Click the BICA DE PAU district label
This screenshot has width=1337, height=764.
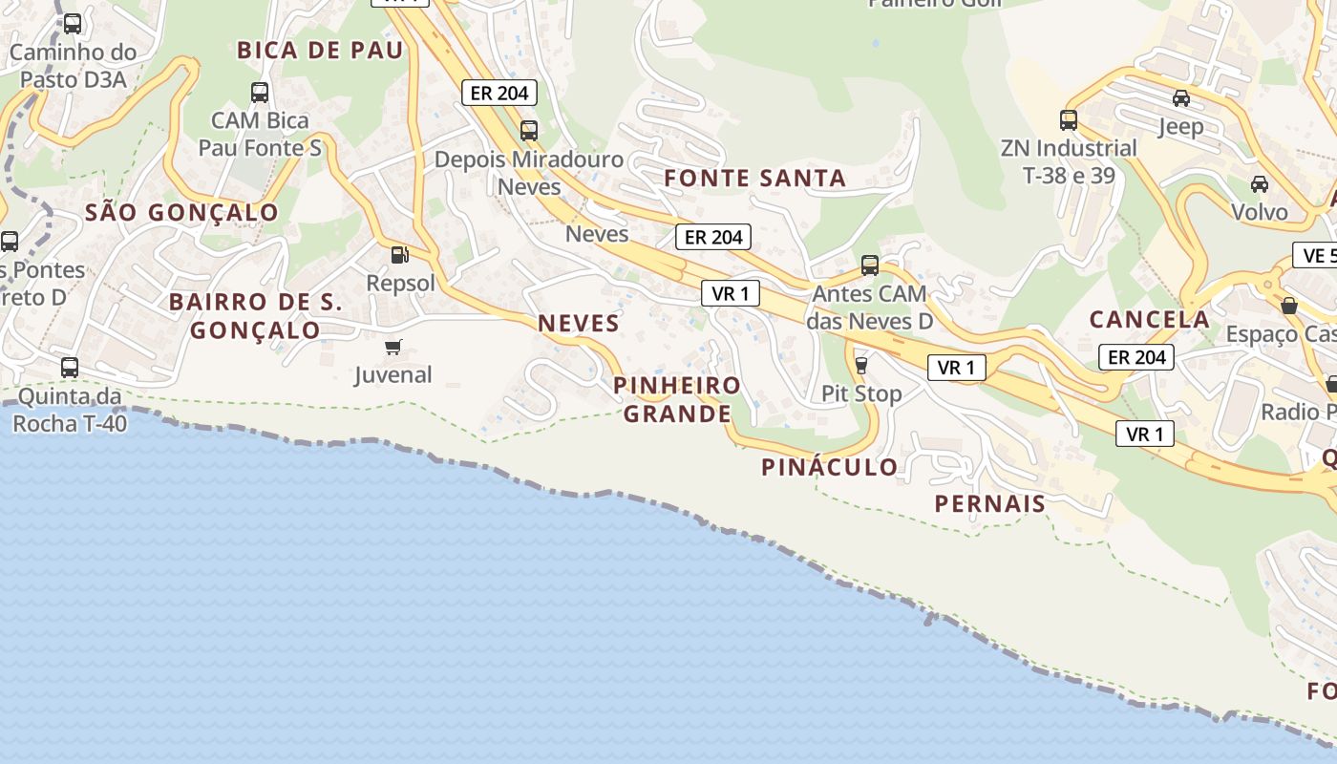point(320,51)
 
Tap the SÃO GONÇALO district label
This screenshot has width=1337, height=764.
point(181,212)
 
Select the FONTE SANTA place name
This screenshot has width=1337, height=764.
point(754,178)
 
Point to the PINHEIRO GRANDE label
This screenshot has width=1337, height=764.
point(677,399)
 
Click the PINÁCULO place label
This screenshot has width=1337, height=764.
point(829,467)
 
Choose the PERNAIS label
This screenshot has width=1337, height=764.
point(989,503)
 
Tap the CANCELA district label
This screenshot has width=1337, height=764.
point(1149,319)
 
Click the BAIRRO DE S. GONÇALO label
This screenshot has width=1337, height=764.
point(256,316)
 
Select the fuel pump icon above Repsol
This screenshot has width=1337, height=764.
point(399,255)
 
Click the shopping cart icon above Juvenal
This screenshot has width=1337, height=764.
point(393,347)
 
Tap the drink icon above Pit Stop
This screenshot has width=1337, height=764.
point(860,365)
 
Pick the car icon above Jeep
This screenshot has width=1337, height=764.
point(1181,97)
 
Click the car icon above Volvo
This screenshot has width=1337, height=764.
point(1259,183)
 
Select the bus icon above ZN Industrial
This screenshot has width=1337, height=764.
point(1069,120)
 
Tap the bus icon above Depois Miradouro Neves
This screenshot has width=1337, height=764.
point(528,130)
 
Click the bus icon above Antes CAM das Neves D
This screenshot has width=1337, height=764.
point(869,265)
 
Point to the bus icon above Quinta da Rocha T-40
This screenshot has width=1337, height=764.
point(70,367)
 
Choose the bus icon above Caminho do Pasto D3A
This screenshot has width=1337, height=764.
point(73,24)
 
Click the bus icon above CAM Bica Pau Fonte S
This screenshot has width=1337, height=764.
point(260,93)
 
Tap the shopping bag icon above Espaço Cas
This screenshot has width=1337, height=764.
point(1288,306)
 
